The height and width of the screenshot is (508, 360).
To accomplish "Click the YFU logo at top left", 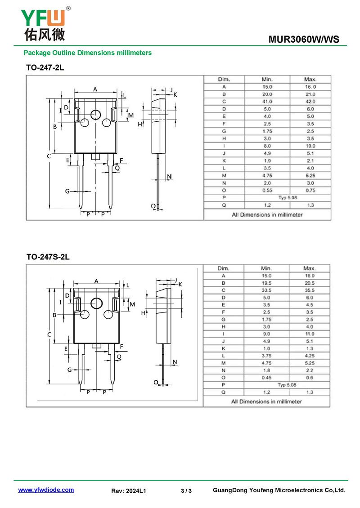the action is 45,24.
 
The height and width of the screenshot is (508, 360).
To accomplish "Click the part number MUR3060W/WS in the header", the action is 304,40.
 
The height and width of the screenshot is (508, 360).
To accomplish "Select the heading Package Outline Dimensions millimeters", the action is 88,53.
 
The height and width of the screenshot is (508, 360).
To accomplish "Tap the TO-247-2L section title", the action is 45,68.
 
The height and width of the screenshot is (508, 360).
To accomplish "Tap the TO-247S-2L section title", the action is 48,257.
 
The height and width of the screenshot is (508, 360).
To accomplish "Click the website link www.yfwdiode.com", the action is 46,490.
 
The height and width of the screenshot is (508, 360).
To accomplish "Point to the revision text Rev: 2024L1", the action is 128,491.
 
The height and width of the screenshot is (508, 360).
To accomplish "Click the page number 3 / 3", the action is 186,491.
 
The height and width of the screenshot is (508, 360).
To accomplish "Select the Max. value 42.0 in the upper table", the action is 310,102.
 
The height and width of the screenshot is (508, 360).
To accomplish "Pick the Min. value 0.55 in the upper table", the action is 267,191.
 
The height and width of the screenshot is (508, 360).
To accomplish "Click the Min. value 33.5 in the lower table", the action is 266,290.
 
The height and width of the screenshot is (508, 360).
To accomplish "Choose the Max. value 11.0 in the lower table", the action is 310,334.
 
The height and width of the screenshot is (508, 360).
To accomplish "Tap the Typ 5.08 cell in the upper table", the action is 288,198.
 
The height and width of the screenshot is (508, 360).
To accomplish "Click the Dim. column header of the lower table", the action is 223,268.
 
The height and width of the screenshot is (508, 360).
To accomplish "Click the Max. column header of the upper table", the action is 310,80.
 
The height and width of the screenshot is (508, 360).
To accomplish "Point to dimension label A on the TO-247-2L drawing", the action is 95,89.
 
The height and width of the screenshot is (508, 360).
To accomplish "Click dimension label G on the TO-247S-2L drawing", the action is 69,370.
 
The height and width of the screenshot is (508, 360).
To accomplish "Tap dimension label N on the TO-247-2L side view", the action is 169,177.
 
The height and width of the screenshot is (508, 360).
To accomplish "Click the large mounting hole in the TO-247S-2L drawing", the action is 96,303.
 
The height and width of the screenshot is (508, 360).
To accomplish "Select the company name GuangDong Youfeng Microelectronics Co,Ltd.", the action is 279,490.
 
